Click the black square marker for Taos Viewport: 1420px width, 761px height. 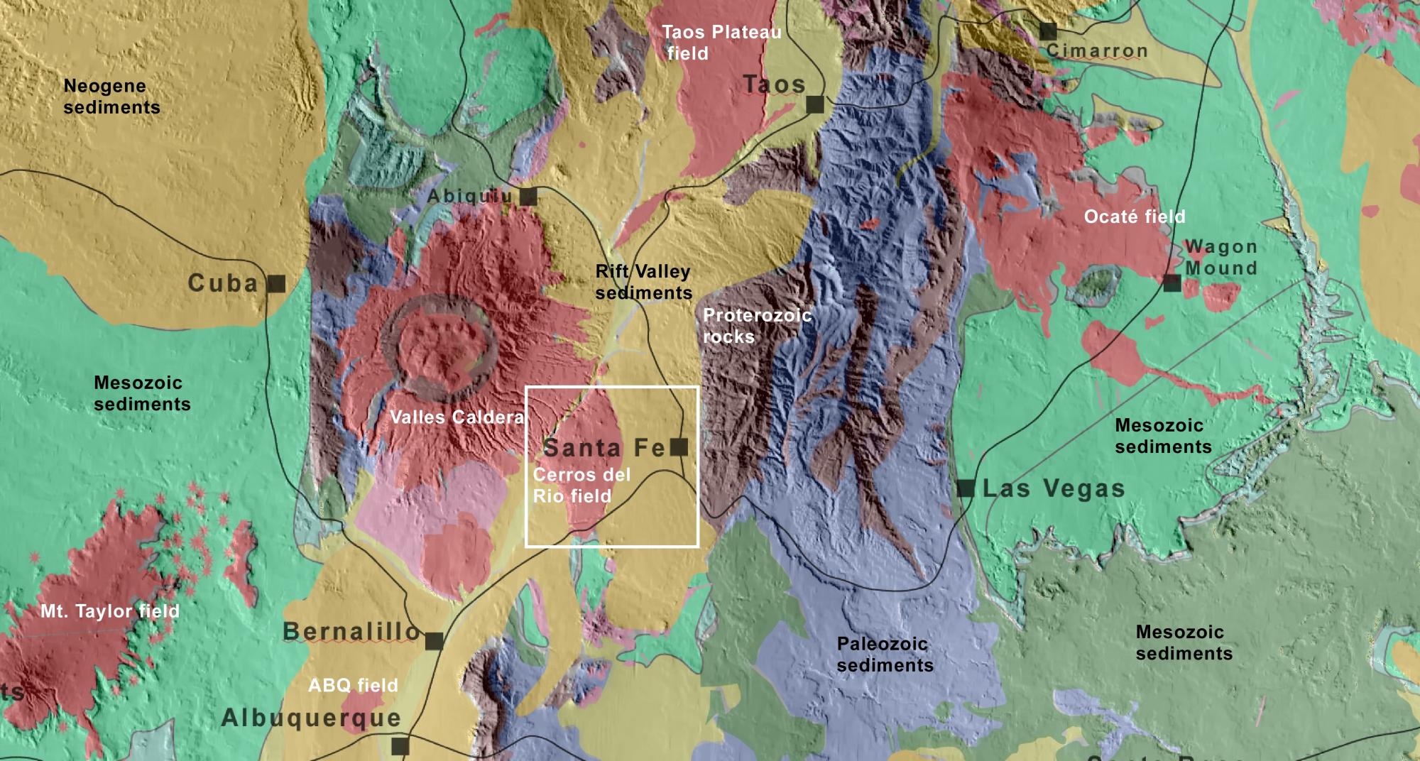(815, 105)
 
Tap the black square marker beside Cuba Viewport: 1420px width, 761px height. (277, 284)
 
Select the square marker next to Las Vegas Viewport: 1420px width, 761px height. (966, 488)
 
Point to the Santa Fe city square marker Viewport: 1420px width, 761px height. (679, 447)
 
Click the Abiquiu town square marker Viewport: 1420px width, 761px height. (528, 197)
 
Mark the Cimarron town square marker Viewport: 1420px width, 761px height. (1048, 31)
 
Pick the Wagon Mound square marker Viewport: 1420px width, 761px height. (1172, 283)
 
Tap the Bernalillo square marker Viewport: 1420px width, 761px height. (435, 641)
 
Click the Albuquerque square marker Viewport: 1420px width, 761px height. (400, 746)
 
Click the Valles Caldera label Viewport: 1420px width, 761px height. (457, 417)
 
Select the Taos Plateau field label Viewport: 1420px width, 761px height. (721, 43)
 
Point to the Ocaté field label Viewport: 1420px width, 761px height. (1134, 217)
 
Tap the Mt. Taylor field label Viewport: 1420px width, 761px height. (109, 611)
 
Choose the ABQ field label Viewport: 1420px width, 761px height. (353, 686)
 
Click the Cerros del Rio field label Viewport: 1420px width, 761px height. (581, 486)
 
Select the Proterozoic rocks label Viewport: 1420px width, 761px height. (756, 326)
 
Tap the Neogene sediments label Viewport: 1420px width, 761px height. (111, 97)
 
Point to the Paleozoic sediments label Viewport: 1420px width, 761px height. (885, 655)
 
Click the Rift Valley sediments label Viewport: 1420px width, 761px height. (643, 282)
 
